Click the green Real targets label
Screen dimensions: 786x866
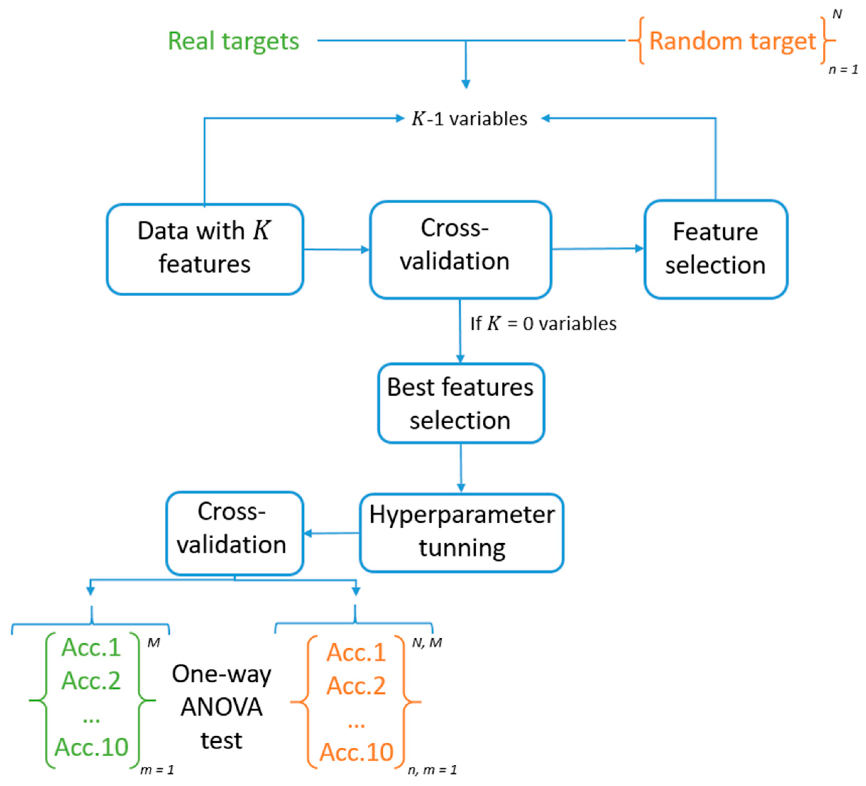pyautogui.click(x=233, y=41)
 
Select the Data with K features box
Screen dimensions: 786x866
pyautogui.click(x=205, y=249)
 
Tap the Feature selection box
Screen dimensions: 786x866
pyautogui.click(x=715, y=249)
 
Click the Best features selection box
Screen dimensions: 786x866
pyautogui.click(x=461, y=403)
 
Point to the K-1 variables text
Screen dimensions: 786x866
pyautogui.click(x=469, y=119)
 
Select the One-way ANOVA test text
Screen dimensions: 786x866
pyautogui.click(x=222, y=707)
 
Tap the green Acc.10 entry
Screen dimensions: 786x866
pyautogui.click(x=91, y=747)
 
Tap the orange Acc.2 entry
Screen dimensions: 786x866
pyautogui.click(x=356, y=686)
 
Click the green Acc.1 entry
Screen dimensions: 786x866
pyautogui.click(x=91, y=647)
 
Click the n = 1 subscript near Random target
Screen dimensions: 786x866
pyautogui.click(x=843, y=70)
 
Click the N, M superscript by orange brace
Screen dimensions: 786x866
pyautogui.click(x=427, y=643)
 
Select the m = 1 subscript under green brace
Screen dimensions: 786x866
pyautogui.click(x=157, y=770)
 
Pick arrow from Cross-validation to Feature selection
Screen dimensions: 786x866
pyautogui.click(x=597, y=248)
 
